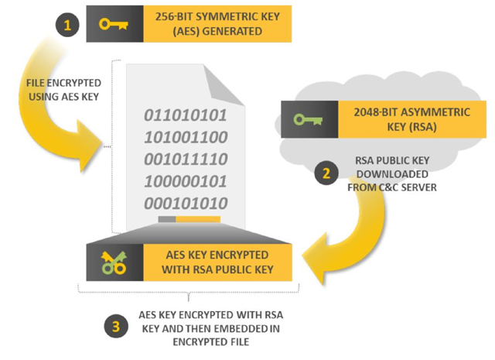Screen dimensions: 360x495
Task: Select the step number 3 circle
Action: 117,326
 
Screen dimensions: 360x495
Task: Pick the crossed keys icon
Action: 113,262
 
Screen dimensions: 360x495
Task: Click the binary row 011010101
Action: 186,116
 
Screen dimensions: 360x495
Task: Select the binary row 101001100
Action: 186,139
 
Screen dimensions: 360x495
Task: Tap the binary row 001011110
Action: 186,160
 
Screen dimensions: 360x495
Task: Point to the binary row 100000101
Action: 186,183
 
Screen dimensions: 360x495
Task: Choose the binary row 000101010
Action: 186,204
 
